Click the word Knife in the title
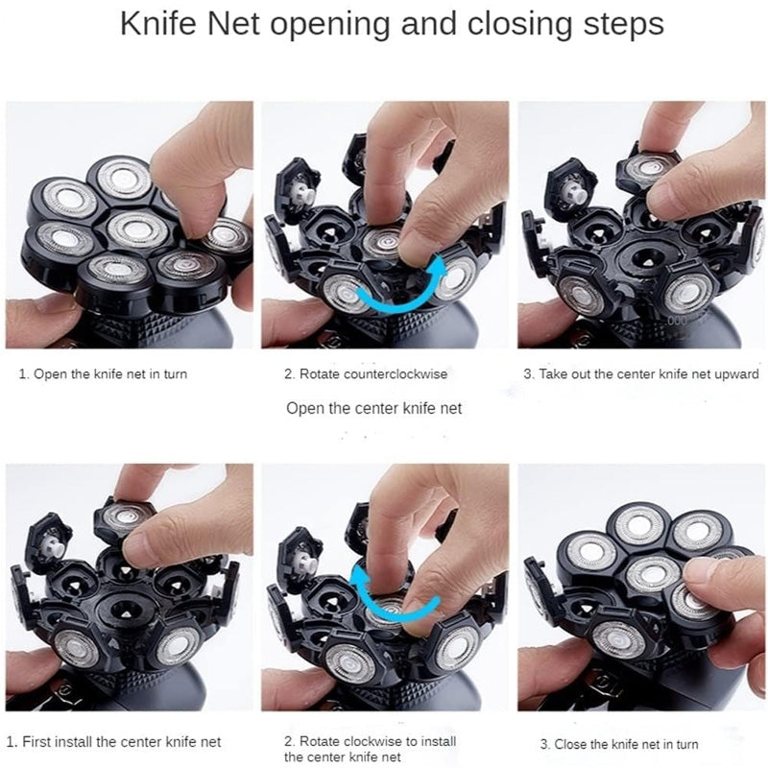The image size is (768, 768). point(157,23)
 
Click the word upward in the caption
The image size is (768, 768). point(735,374)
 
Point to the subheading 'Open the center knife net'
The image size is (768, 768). point(373,409)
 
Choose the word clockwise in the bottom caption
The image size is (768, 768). point(378,741)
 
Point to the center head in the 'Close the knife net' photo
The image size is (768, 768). point(653,574)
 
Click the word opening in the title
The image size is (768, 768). point(330,26)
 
